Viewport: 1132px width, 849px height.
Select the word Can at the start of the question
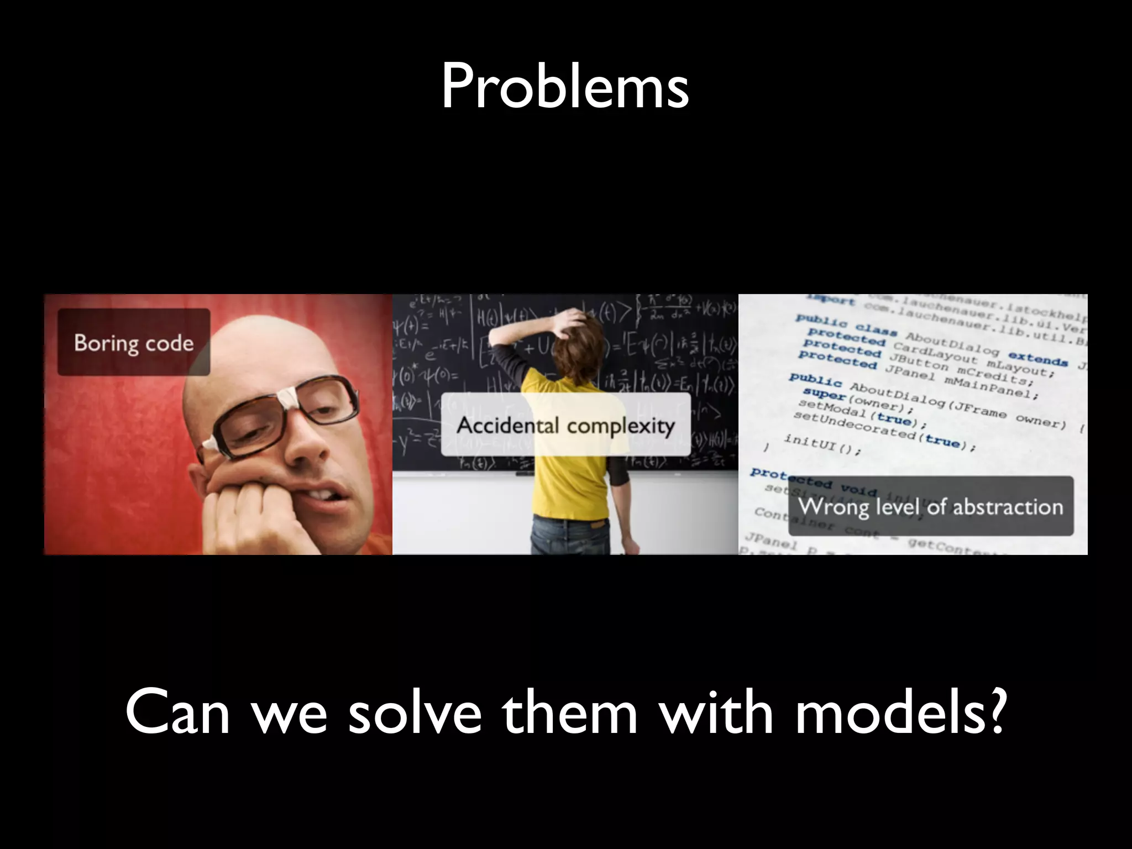pos(177,713)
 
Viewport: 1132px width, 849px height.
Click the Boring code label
pos(134,343)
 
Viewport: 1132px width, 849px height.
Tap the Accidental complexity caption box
pos(565,425)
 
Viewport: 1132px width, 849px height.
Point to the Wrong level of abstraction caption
pos(930,506)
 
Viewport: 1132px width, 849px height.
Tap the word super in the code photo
pos(824,394)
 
